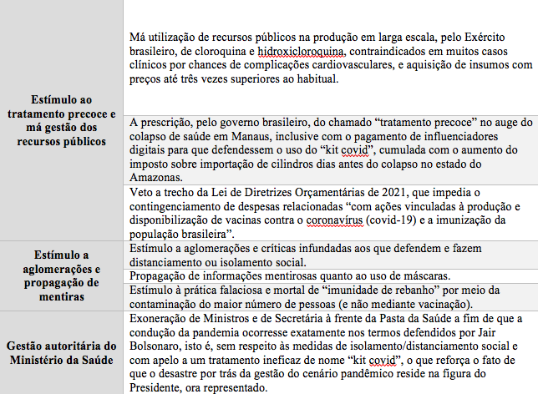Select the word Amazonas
(158, 178)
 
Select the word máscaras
(423, 276)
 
